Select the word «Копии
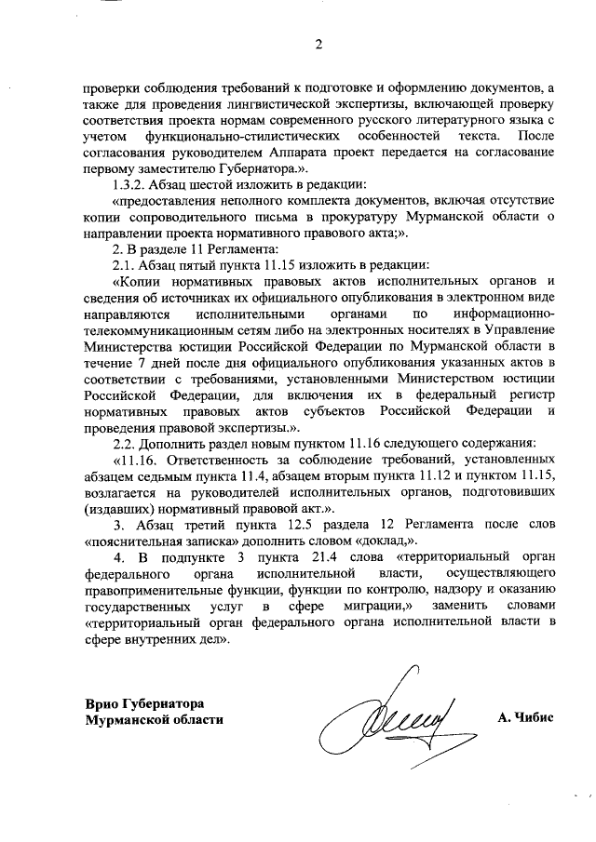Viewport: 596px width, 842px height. [x=140, y=282]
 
